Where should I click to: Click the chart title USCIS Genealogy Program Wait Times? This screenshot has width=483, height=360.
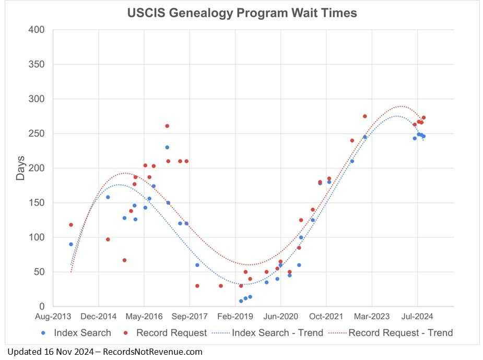coord(242,13)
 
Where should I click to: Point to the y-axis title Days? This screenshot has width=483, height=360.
coord(20,168)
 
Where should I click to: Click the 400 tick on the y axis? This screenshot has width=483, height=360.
coord(38,30)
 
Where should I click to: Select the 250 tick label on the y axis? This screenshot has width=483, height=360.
coord(38,134)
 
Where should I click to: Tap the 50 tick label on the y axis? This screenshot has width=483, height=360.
coord(40,272)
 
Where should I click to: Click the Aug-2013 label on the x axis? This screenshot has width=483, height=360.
coord(53,316)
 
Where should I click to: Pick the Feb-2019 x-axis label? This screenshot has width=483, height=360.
coord(235,316)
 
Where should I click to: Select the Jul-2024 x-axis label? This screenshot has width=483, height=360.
coord(418,316)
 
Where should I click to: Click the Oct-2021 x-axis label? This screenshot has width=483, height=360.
coord(326,316)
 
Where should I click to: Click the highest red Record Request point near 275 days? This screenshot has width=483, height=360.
coord(364,116)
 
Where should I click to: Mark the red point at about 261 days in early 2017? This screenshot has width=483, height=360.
coord(167,126)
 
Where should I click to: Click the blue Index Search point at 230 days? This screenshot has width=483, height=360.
coord(167,147)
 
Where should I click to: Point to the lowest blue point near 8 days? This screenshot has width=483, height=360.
coord(241,301)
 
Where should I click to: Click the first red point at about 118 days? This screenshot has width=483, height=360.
coord(71,225)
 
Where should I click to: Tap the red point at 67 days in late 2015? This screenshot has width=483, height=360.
coord(124,260)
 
